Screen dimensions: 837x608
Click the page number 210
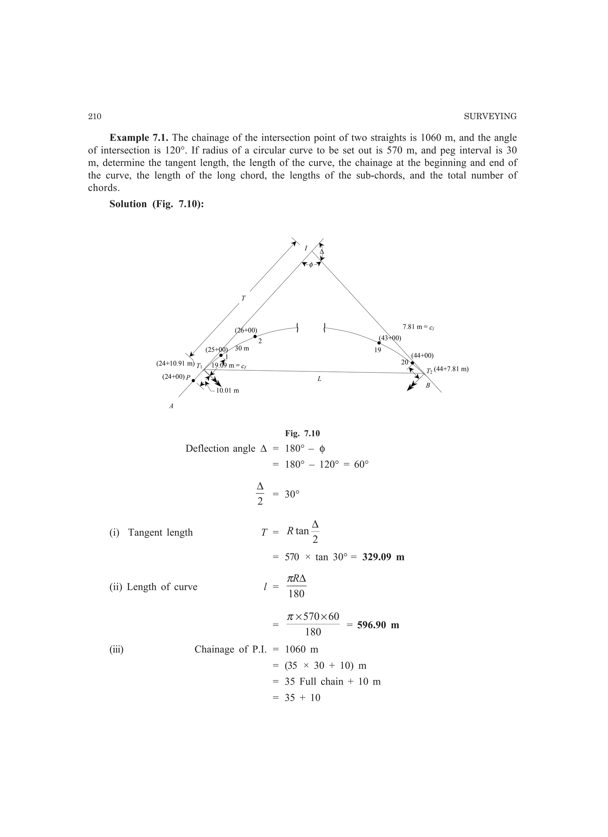(94, 117)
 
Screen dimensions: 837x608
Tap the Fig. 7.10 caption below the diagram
(302, 433)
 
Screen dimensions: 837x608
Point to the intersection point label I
(306, 248)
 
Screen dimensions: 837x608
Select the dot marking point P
(193, 380)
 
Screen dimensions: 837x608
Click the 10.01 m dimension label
(227, 391)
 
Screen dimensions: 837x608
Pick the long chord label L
(319, 379)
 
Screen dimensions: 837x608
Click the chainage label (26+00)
(246, 330)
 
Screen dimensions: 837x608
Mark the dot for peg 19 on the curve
(379, 343)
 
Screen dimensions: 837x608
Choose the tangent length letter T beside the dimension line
(243, 298)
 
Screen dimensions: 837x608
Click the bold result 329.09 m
(383, 557)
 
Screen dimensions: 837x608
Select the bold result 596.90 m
(378, 625)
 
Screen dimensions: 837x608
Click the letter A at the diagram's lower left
(171, 406)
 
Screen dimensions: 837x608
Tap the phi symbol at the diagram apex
(311, 264)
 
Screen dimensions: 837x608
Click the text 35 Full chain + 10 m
(332, 681)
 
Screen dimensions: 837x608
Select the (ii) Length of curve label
(153, 587)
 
